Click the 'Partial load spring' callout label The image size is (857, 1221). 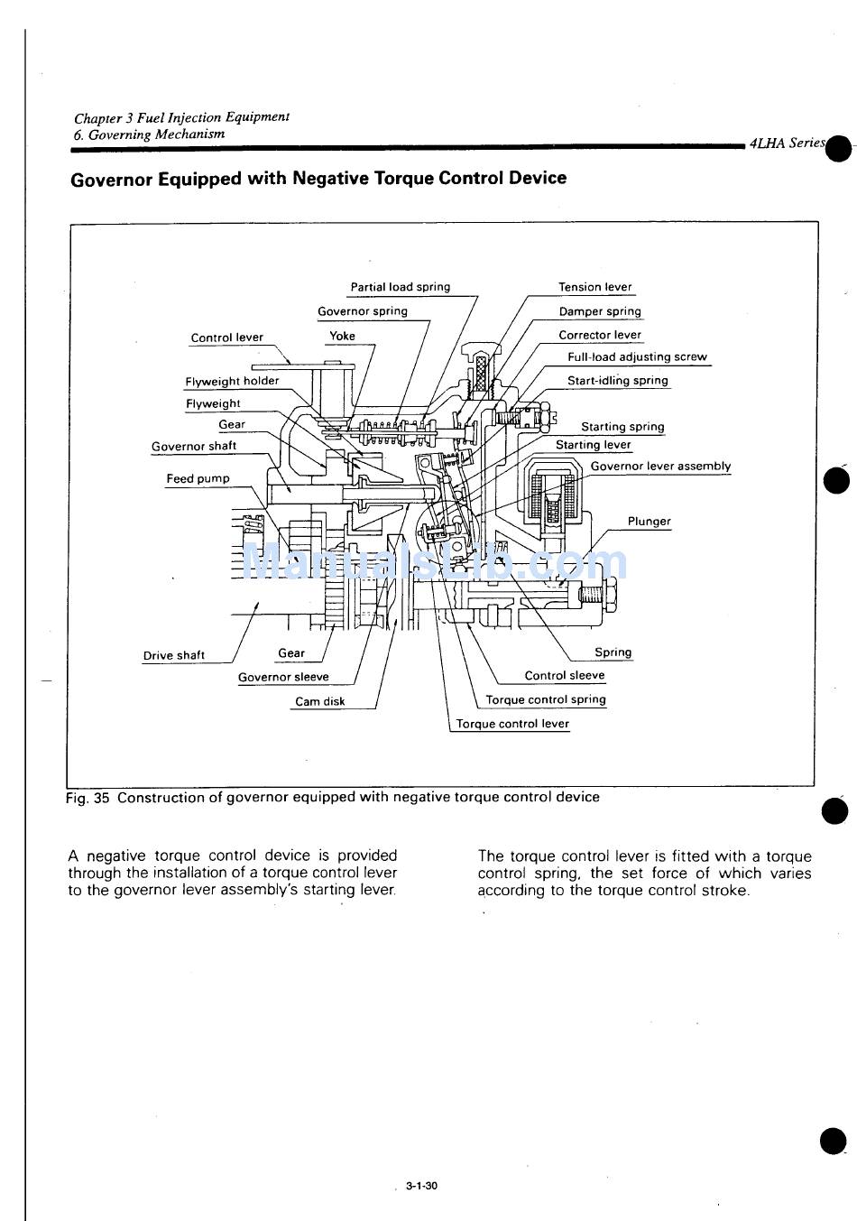[400, 287]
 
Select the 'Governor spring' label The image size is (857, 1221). [363, 311]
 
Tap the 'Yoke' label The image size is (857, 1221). [342, 336]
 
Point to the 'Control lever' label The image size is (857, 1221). [227, 338]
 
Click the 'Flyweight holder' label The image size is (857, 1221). [232, 381]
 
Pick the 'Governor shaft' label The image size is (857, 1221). [194, 446]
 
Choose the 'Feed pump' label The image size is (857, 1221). [198, 478]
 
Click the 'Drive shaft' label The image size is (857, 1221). [174, 655]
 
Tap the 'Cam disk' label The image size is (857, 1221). [320, 701]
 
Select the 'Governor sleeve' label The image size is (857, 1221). [283, 677]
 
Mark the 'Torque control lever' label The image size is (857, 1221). [512, 724]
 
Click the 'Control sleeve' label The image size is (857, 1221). [565, 675]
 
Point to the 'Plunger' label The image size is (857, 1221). [650, 521]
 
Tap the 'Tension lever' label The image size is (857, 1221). [595, 287]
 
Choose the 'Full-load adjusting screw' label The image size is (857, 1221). [637, 356]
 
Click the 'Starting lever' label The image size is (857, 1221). [594, 445]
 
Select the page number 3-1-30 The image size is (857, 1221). [421, 1186]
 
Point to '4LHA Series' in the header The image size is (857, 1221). [787, 143]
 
